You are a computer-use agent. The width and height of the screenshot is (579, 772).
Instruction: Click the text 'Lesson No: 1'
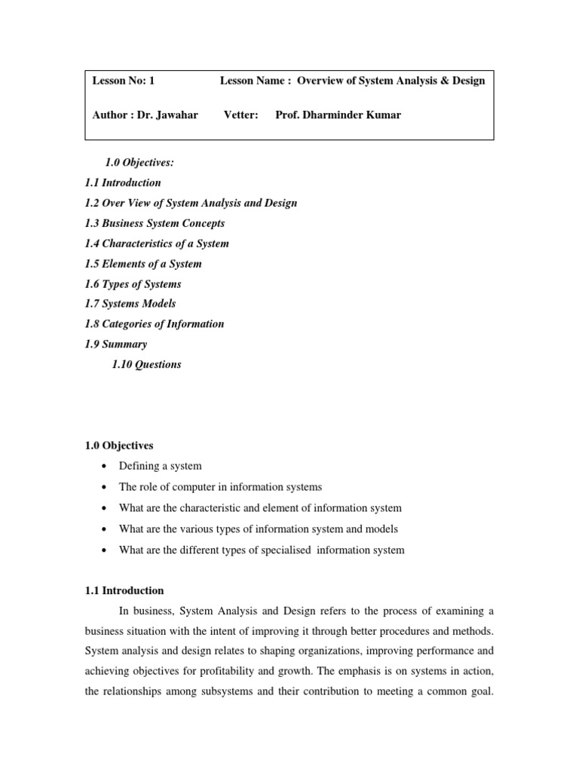pyautogui.click(x=124, y=81)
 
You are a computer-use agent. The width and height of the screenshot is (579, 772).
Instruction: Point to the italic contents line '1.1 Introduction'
pyautogui.click(x=123, y=182)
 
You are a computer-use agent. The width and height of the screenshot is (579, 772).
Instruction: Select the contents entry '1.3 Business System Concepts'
pyautogui.click(x=155, y=223)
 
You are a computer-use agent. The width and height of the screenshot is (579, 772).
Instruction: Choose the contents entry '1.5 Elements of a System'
pyautogui.click(x=143, y=264)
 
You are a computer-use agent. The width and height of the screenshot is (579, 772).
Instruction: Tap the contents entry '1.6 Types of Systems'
pyautogui.click(x=133, y=284)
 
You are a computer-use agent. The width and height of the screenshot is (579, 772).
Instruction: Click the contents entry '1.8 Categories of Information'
pyautogui.click(x=155, y=324)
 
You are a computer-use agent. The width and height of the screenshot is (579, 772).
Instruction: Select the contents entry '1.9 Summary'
pyautogui.click(x=116, y=345)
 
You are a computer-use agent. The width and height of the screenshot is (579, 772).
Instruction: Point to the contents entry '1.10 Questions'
pyautogui.click(x=146, y=365)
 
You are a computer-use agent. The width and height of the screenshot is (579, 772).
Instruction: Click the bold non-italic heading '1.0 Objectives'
pyautogui.click(x=119, y=446)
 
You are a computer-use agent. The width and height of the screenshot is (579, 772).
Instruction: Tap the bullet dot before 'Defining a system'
pyautogui.click(x=103, y=467)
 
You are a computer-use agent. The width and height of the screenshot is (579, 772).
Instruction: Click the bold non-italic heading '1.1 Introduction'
pyautogui.click(x=124, y=590)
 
